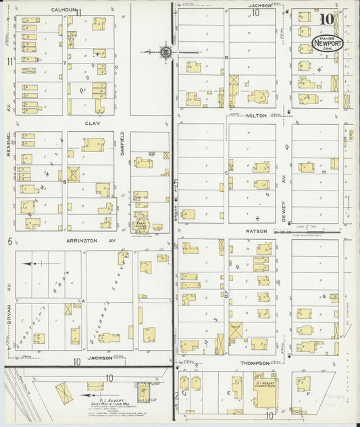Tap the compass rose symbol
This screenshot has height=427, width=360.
pos(166,51)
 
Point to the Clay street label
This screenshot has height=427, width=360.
pos(92,124)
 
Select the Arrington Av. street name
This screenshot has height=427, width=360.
pos(92,240)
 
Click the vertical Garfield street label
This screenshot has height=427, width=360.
pos(122,144)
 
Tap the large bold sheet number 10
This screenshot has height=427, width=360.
pos(327,19)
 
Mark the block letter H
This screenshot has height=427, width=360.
pos(324,172)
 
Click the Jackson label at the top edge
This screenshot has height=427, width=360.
pos(259,5)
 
